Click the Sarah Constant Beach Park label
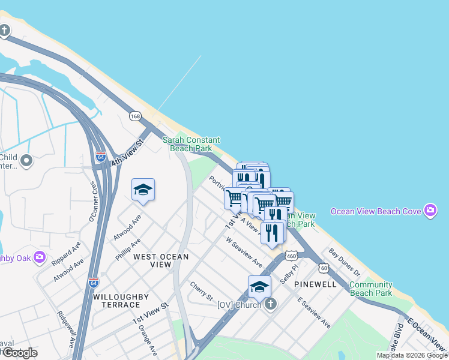point(191,144)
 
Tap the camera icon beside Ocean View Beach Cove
point(430,211)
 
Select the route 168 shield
point(136,115)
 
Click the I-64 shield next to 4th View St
point(101,158)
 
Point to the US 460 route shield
point(291,255)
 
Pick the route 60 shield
point(324,268)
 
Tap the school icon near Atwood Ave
point(143,190)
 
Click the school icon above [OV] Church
point(259,287)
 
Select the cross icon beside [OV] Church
point(270,304)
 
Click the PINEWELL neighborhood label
point(315,284)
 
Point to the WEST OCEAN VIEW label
point(161,260)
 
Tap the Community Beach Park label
point(371,289)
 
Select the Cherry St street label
point(202,292)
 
